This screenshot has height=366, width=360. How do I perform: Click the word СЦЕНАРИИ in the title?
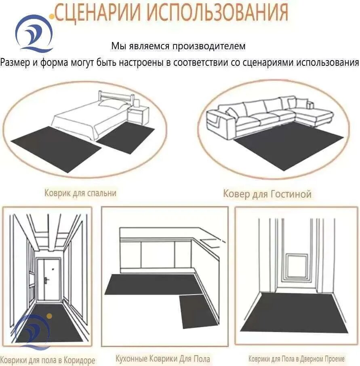[x=98, y=12]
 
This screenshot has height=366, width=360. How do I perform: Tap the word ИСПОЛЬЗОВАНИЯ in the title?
[x=218, y=12]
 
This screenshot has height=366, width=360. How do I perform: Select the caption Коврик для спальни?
[x=80, y=193]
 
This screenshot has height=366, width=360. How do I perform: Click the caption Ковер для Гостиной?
[x=267, y=194]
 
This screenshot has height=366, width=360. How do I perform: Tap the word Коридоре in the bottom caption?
[x=80, y=360]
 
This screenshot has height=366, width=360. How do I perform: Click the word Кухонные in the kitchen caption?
[x=131, y=358]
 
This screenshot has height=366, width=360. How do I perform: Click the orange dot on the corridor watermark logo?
[x=49, y=316]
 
